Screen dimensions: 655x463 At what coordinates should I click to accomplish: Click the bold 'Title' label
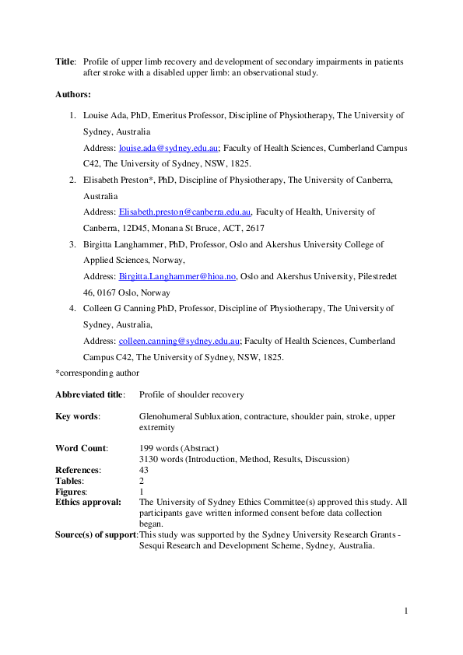coord(65,61)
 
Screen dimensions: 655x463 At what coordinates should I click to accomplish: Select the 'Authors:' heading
coord(72,94)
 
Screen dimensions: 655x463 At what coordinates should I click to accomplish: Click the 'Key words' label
coord(77,416)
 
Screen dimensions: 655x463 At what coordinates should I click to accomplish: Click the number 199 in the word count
coord(146,448)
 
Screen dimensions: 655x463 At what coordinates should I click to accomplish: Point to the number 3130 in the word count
coord(149,459)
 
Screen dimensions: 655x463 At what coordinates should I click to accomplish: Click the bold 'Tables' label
coord(70,481)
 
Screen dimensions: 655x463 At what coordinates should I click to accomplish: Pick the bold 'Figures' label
coord(71,492)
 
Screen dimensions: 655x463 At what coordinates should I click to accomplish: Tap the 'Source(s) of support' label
coord(96,534)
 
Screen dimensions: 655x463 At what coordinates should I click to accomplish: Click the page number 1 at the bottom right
coord(405,611)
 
